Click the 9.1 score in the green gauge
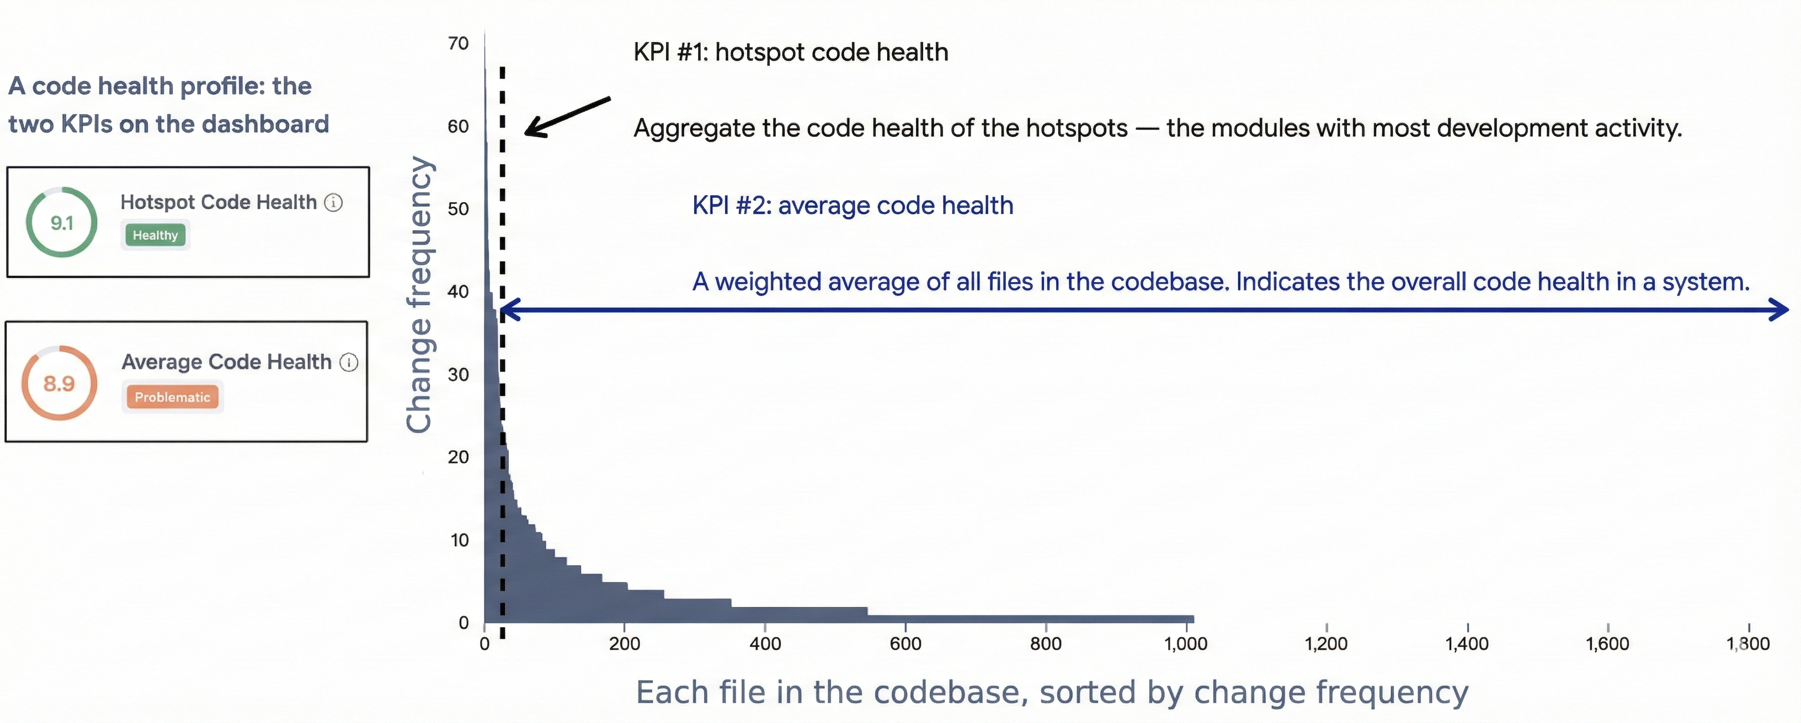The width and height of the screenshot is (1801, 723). coord(62,223)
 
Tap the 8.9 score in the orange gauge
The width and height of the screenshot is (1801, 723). coord(58,384)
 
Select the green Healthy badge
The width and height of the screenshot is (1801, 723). coord(155,235)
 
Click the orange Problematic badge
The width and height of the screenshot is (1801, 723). coord(172,397)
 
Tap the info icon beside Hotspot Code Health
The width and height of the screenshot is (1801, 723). coord(333,203)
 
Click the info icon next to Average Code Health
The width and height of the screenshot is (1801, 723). coord(349,362)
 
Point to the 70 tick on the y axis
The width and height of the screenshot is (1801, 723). coord(459,44)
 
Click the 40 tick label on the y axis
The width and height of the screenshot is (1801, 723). coord(459,292)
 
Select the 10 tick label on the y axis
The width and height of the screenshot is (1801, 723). coord(459,540)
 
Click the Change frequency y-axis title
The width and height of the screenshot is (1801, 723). coord(419,293)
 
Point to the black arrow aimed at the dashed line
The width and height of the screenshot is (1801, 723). coord(566,117)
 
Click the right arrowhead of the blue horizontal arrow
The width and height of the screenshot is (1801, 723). coord(1778,310)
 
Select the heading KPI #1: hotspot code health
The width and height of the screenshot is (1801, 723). coord(791,52)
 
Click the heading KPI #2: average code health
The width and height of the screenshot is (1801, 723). coord(852,206)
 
